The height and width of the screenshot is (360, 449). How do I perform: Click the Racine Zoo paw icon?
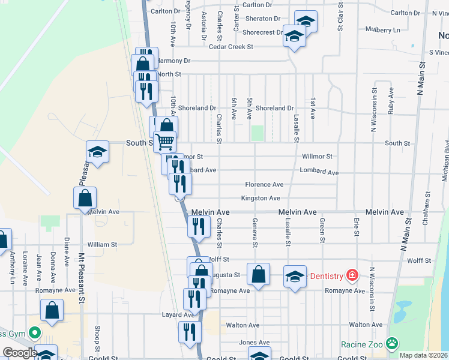[x=392, y=344]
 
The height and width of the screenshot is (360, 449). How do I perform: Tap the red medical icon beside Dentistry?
[x=351, y=276]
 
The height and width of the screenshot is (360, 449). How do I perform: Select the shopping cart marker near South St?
[x=165, y=142]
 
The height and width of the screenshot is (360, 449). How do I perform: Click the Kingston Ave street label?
[x=261, y=198]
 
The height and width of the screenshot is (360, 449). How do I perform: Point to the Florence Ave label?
[x=264, y=185]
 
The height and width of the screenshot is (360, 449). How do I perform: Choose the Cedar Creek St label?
[x=231, y=46]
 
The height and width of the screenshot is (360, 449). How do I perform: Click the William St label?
[x=101, y=245]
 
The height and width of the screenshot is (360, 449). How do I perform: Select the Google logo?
[x=20, y=353]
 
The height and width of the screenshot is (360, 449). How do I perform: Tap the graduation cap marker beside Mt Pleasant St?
[x=97, y=152]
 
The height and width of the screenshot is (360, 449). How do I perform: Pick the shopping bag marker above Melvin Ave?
[x=85, y=198]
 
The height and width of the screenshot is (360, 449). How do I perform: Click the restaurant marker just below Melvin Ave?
[x=197, y=226]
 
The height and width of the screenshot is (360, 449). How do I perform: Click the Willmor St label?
[x=318, y=156]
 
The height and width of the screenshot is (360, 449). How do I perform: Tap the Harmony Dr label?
[x=175, y=61]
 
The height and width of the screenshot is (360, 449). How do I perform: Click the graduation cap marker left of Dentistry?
[x=294, y=277]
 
